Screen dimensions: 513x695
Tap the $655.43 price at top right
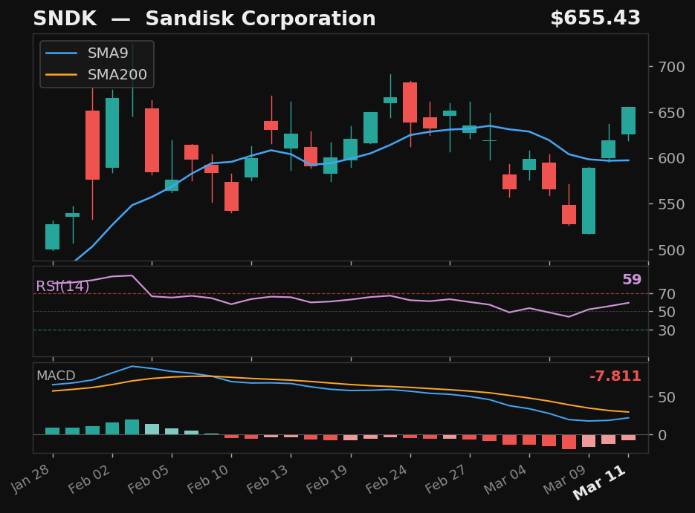point(595,19)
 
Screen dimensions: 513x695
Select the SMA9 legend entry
point(108,53)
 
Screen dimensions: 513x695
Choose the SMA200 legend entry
point(117,75)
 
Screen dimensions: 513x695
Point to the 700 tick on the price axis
point(667,67)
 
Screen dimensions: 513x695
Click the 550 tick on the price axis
point(667,204)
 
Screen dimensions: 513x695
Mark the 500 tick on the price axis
point(667,250)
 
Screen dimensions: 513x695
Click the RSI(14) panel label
point(62,287)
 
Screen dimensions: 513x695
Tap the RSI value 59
point(631,280)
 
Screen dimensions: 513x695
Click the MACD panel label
point(55,376)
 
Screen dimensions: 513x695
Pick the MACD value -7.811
point(615,376)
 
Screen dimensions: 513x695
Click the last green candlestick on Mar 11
point(628,120)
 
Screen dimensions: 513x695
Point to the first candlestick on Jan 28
point(52,236)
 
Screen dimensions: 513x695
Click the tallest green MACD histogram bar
point(132,426)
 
